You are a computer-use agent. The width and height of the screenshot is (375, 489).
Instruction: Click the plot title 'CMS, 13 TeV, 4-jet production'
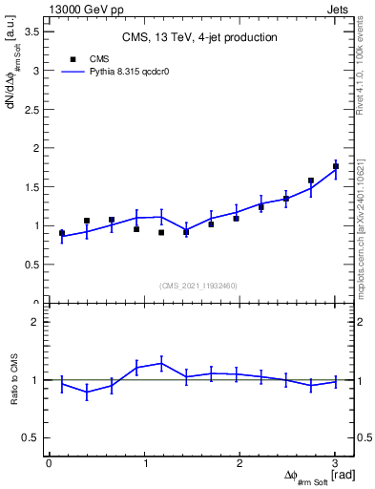pyautogui.click(x=199, y=37)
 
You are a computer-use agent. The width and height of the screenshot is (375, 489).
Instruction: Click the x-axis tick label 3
pyautogui.click(x=335, y=463)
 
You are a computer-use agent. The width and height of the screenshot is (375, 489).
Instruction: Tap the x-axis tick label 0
pyautogui.click(x=49, y=463)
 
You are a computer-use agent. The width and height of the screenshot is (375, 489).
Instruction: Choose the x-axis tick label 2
pyautogui.click(x=240, y=463)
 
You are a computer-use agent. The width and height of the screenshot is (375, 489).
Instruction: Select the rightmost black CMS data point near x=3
pyautogui.click(x=336, y=166)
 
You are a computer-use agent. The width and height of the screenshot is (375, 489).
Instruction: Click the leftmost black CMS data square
pyautogui.click(x=62, y=232)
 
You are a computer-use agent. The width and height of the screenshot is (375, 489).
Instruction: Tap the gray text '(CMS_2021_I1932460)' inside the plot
pyautogui.click(x=198, y=285)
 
